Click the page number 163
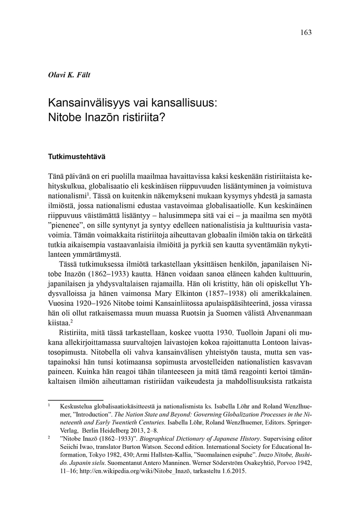(x=306, y=32)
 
